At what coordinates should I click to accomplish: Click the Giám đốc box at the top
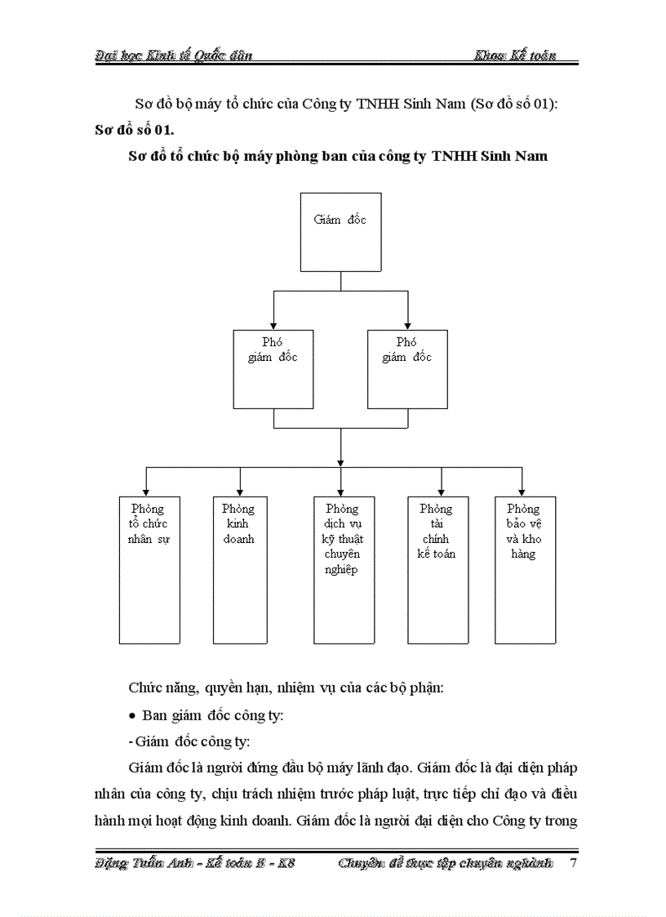click(x=340, y=232)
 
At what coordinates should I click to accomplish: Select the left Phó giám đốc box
click(x=273, y=368)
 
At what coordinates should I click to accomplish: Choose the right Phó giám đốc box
click(x=407, y=368)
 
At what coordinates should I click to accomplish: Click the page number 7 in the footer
click(x=573, y=863)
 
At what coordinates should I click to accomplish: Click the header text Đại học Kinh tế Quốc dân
click(x=173, y=55)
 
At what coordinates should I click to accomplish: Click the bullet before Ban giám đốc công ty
click(x=133, y=715)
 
